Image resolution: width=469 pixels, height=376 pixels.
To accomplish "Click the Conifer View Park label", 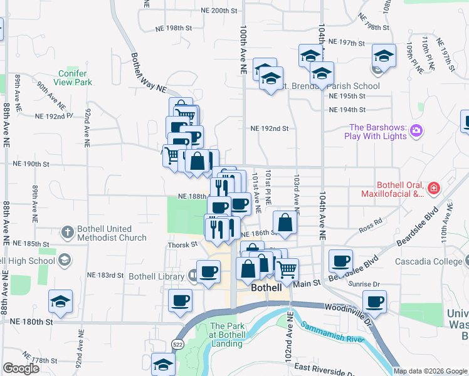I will tap(73, 78).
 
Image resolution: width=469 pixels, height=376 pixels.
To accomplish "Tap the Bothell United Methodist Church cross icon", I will tap(68, 232).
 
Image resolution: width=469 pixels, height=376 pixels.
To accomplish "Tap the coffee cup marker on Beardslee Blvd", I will tap(340, 260).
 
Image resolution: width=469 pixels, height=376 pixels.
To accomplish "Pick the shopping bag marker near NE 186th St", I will tap(285, 222).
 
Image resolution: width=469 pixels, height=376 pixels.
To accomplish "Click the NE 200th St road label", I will tap(220, 11).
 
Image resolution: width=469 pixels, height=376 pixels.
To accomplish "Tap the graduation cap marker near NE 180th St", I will tap(60, 301).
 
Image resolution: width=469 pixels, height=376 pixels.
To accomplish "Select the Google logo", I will tap(22, 368).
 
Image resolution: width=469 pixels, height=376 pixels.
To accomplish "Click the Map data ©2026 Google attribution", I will tap(429, 371).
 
